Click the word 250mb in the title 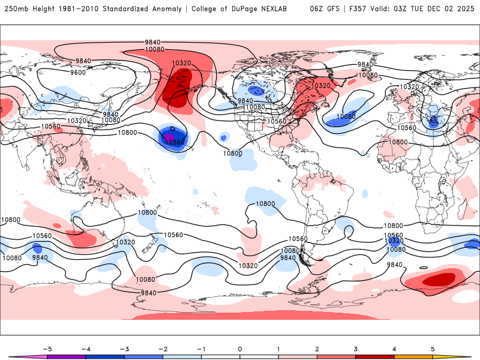click(14, 9)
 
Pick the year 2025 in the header click(464, 9)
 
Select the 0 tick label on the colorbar click(240, 348)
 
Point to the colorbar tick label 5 click(433, 348)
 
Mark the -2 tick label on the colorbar click(163, 348)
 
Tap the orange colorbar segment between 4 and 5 click(413, 356)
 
